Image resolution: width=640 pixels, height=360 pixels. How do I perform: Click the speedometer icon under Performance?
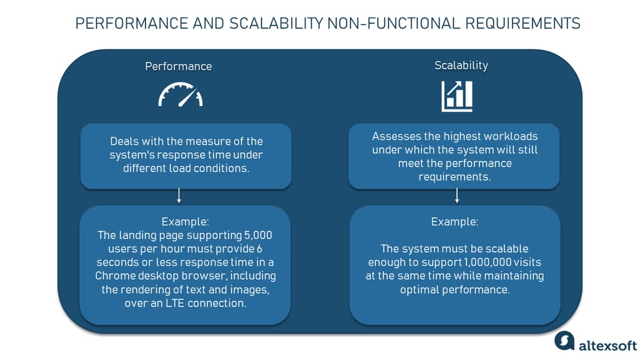(x=180, y=95)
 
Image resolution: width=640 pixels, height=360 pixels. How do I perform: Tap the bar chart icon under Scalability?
(x=457, y=95)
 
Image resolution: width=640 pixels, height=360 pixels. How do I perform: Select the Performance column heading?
(x=179, y=66)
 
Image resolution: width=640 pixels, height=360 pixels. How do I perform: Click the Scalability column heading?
(x=461, y=66)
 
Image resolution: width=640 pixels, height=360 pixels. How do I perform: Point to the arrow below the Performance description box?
(x=179, y=197)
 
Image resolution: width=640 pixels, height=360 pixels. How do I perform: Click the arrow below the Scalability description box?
(x=457, y=197)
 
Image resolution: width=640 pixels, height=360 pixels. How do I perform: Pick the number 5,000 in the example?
(x=257, y=235)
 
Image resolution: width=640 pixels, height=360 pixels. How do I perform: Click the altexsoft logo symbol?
(x=563, y=341)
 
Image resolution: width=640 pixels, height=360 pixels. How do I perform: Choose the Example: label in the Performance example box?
(x=184, y=221)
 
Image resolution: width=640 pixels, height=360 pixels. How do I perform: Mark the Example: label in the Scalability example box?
(x=455, y=221)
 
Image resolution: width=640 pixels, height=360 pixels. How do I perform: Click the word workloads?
(x=508, y=137)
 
